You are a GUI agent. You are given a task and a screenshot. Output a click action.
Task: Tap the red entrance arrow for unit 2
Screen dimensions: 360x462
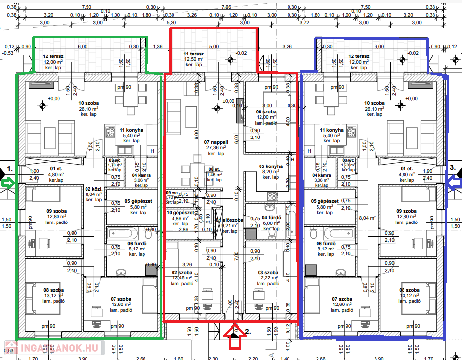click(235, 338)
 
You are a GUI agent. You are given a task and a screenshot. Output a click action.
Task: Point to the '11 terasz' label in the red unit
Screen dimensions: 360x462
click(193, 54)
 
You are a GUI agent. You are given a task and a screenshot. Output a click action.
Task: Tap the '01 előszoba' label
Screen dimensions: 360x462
click(229, 220)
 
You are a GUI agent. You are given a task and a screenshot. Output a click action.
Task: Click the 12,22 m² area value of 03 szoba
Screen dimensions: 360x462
click(268, 278)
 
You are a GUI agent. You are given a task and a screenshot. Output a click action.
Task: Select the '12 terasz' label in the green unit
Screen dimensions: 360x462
click(53, 56)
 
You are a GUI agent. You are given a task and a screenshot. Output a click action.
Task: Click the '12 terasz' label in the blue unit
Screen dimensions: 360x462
click(358, 56)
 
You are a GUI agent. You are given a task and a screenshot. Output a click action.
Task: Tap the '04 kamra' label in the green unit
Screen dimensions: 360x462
click(141, 175)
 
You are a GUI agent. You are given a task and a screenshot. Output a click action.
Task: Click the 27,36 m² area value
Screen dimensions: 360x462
click(215, 148)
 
